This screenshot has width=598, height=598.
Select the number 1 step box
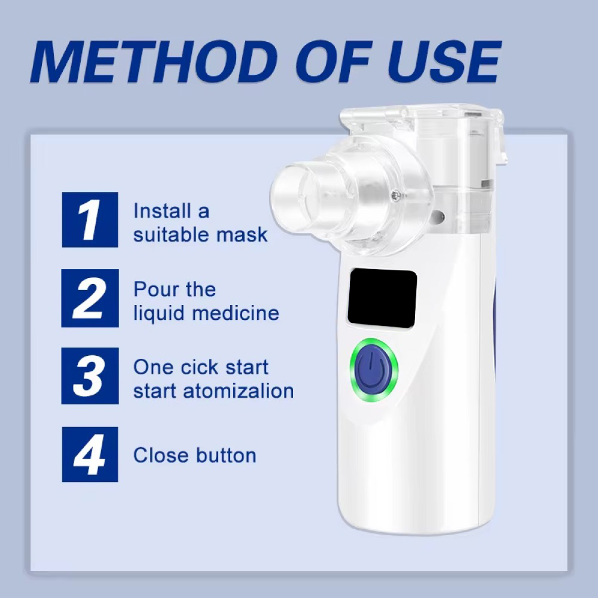(x=90, y=219)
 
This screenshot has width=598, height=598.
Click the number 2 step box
(x=90, y=298)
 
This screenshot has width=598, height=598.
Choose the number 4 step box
(x=90, y=454)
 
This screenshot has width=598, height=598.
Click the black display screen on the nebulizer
(x=382, y=298)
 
